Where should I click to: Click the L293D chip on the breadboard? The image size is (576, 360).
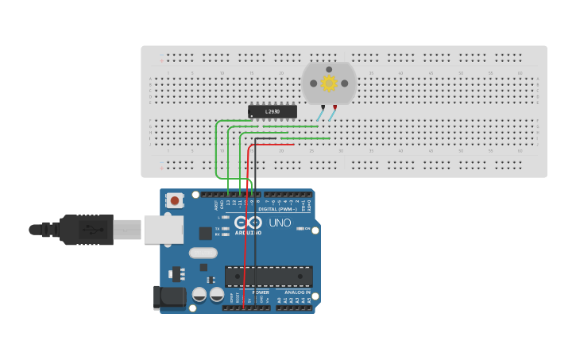pyautogui.click(x=273, y=111)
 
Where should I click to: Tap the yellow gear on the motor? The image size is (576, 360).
pyautogui.click(x=328, y=83)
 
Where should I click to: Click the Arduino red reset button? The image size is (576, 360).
pyautogui.click(x=175, y=200)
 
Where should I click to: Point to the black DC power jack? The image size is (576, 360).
pyautogui.click(x=169, y=297)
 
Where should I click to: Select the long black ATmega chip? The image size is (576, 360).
pyautogui.click(x=269, y=276)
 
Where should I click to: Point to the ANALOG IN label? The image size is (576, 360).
pyautogui.click(x=297, y=292)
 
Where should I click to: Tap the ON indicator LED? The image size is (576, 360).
pyautogui.click(x=299, y=229)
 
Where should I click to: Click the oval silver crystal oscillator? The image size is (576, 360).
pyautogui.click(x=203, y=254)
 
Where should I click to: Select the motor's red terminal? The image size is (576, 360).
pyautogui.click(x=334, y=106)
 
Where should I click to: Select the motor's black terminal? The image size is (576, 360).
pyautogui.click(x=323, y=106)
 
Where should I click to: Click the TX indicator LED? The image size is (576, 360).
pyautogui.click(x=226, y=228)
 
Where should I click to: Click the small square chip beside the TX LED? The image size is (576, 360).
pyautogui.click(x=206, y=233)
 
